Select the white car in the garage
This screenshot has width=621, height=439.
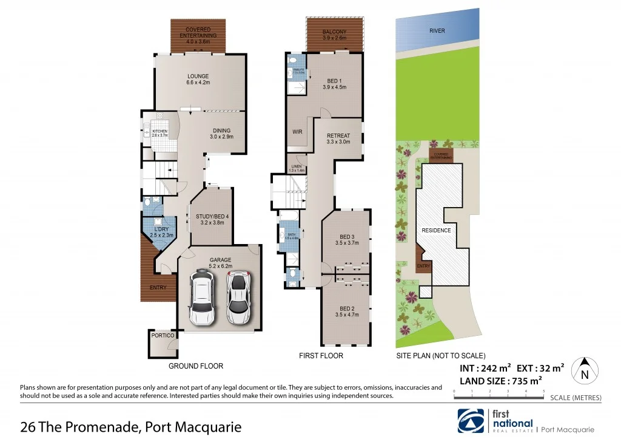pos(238,297)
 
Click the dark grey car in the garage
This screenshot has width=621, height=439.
pos(202,298)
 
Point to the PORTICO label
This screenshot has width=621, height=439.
pos(163,335)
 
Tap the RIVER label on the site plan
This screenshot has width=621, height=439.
pos(437,30)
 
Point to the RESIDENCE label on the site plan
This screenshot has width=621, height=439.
pos(436,231)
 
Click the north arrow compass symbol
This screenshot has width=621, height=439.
pos(585,370)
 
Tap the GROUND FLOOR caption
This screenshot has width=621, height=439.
pos(196,366)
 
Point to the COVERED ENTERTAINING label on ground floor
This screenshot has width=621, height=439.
pos(198,32)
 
